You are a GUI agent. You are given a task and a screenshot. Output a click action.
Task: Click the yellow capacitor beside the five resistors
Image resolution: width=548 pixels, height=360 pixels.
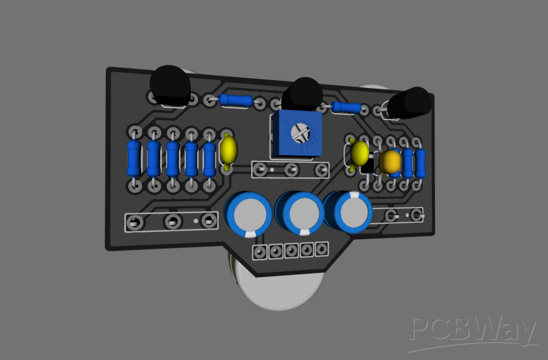click(228, 150)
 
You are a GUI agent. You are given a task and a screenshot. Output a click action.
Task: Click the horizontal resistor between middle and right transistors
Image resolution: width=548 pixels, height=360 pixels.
click(346, 108)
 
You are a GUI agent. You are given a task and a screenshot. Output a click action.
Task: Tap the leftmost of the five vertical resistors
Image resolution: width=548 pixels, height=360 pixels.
click(133, 158)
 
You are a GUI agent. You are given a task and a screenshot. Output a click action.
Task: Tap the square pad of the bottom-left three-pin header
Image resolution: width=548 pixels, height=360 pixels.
click(209, 221)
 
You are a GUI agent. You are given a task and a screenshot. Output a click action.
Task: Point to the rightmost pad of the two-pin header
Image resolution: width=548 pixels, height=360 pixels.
click(416, 214)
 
